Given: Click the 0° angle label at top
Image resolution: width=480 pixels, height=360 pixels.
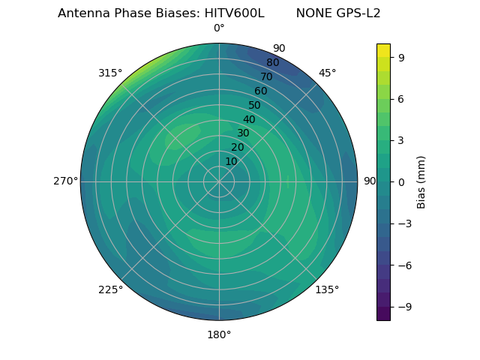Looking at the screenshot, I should click(x=219, y=28).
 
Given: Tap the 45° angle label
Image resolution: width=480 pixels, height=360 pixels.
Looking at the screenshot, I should click(x=328, y=73).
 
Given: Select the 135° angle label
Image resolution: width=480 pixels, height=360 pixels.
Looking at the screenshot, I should click(x=327, y=289).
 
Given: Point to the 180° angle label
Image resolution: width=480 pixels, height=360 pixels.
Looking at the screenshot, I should click(x=219, y=334).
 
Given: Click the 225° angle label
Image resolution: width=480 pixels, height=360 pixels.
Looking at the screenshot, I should click(x=110, y=290).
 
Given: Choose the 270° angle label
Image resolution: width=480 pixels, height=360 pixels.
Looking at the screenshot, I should click(x=65, y=181).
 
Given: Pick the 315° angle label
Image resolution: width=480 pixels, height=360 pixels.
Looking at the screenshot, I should click(x=110, y=73).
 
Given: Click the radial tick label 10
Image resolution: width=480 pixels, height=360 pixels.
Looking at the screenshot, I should click(x=231, y=161).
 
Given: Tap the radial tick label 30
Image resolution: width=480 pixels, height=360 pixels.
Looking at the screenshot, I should click(x=243, y=133).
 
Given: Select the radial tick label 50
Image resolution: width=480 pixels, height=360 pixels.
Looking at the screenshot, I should click(x=255, y=105).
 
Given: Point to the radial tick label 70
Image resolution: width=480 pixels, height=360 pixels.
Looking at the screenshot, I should click(x=266, y=76).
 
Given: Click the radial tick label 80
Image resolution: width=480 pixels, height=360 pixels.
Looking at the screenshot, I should click(x=272, y=63).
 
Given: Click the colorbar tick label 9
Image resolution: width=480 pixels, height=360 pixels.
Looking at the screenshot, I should click(x=400, y=57).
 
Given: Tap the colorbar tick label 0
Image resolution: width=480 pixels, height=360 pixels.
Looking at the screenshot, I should click(x=400, y=182).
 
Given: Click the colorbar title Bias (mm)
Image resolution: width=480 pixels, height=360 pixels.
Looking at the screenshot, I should click(x=421, y=181).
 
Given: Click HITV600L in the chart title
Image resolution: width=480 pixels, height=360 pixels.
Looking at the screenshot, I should click(x=234, y=13).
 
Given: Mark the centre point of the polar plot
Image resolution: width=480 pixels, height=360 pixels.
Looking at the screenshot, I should click(x=219, y=181).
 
